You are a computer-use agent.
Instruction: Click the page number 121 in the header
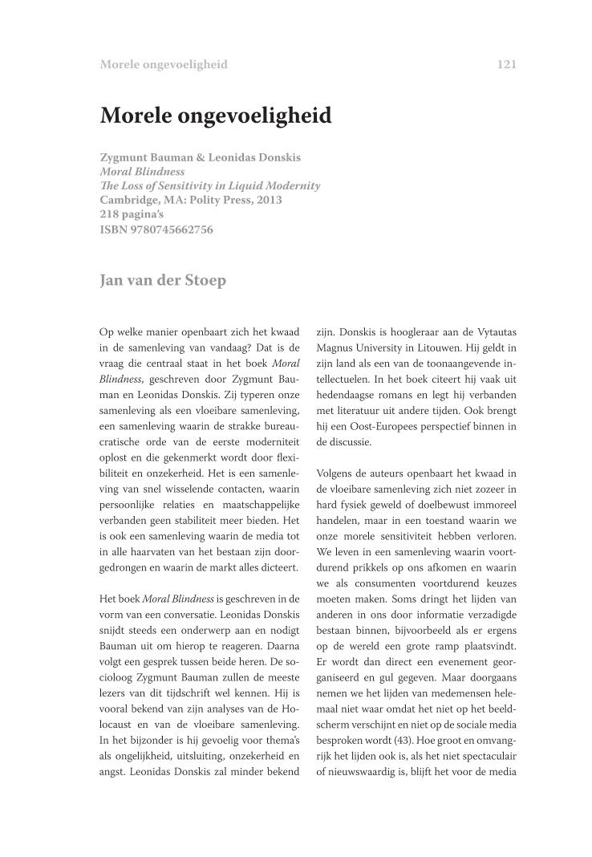pyautogui.click(x=506, y=64)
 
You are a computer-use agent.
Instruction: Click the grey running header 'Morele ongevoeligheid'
pyautogui.click(x=164, y=64)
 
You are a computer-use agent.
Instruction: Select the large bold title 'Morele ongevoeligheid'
pyautogui.click(x=216, y=116)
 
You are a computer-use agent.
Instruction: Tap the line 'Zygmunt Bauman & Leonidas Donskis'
pyautogui.click(x=201, y=157)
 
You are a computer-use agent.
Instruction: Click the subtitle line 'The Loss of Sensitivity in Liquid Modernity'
pyautogui.click(x=210, y=186)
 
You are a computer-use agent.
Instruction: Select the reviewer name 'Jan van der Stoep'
pyautogui.click(x=163, y=280)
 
